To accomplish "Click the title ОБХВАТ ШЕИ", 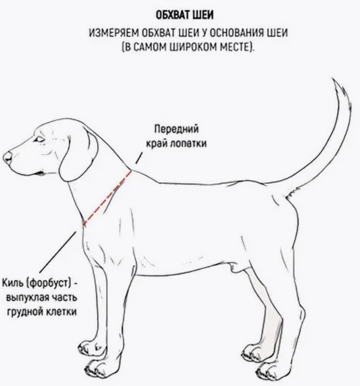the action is point(185,15).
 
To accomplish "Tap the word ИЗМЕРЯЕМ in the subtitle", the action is point(114,33).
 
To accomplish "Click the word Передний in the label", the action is point(177,129).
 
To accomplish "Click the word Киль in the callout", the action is point(13,282).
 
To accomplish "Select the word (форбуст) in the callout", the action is point(49,283).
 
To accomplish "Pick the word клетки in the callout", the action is point(61,312).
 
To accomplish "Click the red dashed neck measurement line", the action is point(107,198).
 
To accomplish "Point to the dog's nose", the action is point(7,157).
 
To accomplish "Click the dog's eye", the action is point(39,139).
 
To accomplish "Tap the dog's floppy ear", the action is point(78,155).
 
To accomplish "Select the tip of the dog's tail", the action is point(332,79).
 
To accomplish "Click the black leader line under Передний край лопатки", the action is point(139,158).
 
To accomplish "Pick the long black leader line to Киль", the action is point(58,251).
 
